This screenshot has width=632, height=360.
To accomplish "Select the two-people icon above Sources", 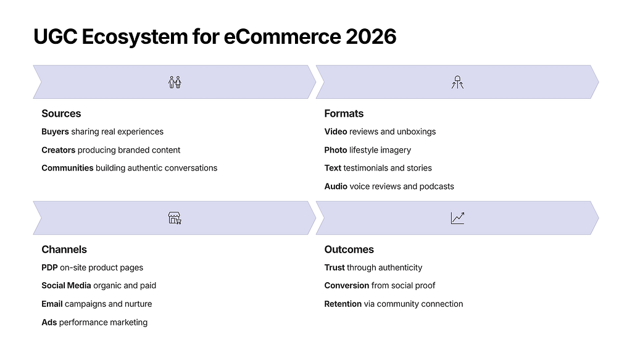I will click(175, 82).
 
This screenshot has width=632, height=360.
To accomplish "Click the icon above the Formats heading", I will click(457, 82).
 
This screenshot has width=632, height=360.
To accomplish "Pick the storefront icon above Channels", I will click(175, 218).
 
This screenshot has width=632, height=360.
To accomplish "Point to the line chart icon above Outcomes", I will click(457, 218).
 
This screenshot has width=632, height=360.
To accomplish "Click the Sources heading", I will click(61, 114).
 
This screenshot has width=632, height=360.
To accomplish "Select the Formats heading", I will click(344, 114).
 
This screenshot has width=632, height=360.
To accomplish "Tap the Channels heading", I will click(64, 249).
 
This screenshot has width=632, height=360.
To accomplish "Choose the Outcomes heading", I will click(349, 249).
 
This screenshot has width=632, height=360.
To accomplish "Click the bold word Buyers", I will click(55, 132).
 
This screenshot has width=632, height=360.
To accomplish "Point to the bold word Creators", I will click(59, 150).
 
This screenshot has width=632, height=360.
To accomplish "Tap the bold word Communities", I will click(67, 168).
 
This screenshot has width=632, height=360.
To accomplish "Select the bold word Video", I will click(336, 132).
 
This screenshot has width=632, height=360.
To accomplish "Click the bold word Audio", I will click(336, 186).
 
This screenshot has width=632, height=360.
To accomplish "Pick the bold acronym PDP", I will click(49, 267).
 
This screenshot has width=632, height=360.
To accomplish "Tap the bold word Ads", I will click(49, 322).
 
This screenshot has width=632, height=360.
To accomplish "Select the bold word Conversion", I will click(347, 285).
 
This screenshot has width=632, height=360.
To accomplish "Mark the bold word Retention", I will click(343, 304).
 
